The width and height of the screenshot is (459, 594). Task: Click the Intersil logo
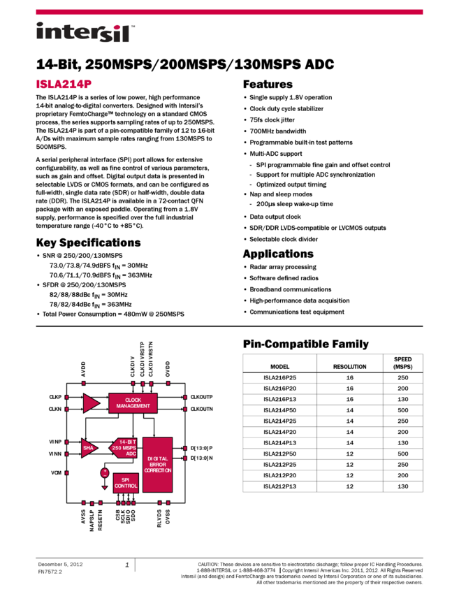pos(85,33)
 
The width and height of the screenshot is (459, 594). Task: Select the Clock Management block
pos(133,403)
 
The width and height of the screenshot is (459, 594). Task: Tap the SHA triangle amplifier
pos(89,448)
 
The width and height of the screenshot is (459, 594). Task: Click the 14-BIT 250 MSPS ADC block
pos(124,448)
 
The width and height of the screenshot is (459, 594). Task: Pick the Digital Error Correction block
pos(157,464)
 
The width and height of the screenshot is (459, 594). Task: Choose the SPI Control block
pos(126,483)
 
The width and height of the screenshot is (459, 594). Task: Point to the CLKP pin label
pos(55,397)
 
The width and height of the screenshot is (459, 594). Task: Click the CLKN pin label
pos(55,409)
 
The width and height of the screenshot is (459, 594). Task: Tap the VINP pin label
pos(55,442)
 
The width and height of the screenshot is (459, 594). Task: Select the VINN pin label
pos(55,454)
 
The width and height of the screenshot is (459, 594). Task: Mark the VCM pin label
pos(56,473)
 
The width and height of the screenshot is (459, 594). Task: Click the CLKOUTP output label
pos(201,397)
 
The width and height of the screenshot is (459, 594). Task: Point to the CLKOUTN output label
pos(201,409)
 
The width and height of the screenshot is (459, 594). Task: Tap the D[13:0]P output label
pos(201,448)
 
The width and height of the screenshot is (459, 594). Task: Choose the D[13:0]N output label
pos(201,458)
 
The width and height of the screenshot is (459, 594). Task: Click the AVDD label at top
pos(83,370)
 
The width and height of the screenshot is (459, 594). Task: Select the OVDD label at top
pos(168,370)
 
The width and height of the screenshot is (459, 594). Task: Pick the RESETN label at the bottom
pos(101,519)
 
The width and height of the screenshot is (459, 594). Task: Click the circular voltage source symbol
pos(105,473)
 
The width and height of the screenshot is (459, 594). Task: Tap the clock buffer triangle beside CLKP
pos(91,403)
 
